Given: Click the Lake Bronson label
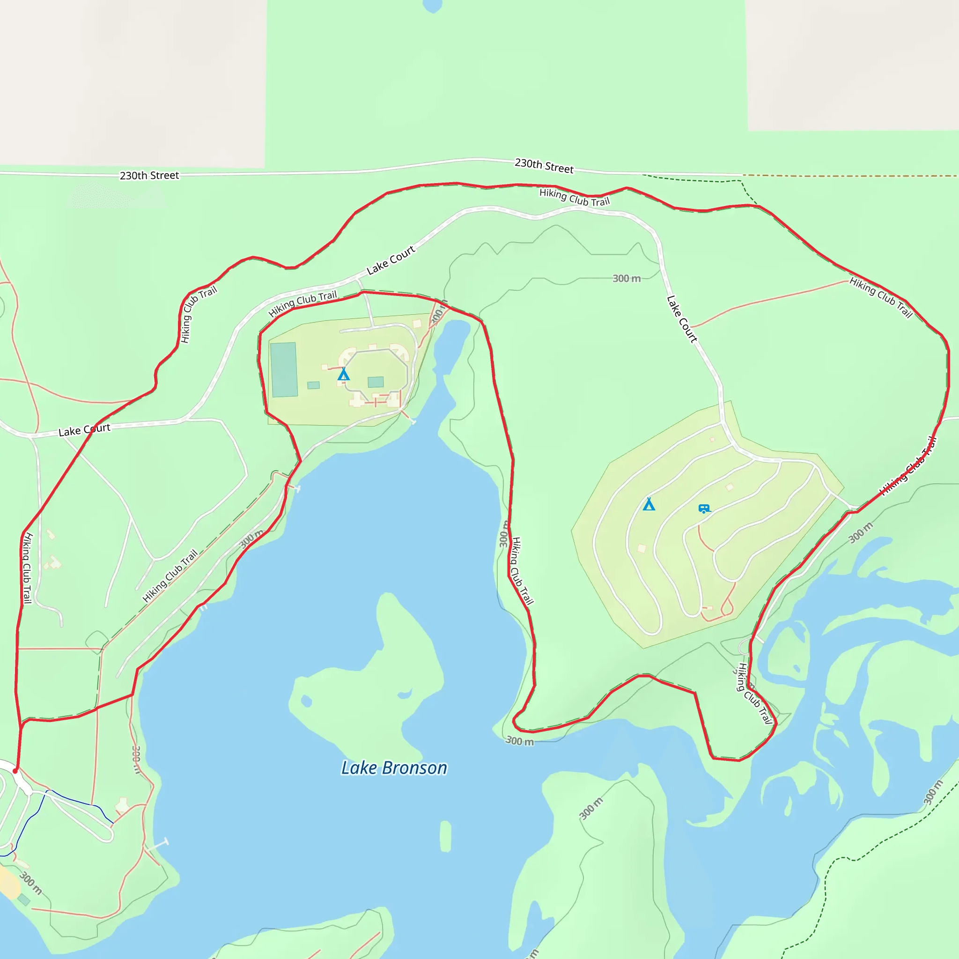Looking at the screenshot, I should click(x=394, y=768).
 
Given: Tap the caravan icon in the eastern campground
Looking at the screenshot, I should click(x=704, y=509).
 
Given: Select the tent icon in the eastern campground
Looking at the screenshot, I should click(x=649, y=504).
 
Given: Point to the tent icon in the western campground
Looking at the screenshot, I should click(x=344, y=374).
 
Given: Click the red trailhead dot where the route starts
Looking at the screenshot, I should click(x=15, y=771).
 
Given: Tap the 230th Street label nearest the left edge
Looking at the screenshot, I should click(x=149, y=175).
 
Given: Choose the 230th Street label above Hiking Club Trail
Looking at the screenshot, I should click(x=544, y=166).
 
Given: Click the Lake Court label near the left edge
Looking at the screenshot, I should click(x=84, y=430).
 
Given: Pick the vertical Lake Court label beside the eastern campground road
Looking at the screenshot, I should click(x=682, y=319).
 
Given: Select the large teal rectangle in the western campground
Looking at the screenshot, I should click(x=283, y=369).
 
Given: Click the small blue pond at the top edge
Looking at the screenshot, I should click(x=432, y=5).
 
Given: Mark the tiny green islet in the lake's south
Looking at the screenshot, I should click(x=445, y=836).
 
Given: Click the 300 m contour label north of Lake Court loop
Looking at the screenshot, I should click(x=627, y=279).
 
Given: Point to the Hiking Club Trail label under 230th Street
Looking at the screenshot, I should click(x=574, y=198).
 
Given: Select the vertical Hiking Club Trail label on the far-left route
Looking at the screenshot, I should click(x=26, y=568).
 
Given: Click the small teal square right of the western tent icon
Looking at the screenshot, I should click(x=376, y=382).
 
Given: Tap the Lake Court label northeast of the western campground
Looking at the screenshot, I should click(x=391, y=260).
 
